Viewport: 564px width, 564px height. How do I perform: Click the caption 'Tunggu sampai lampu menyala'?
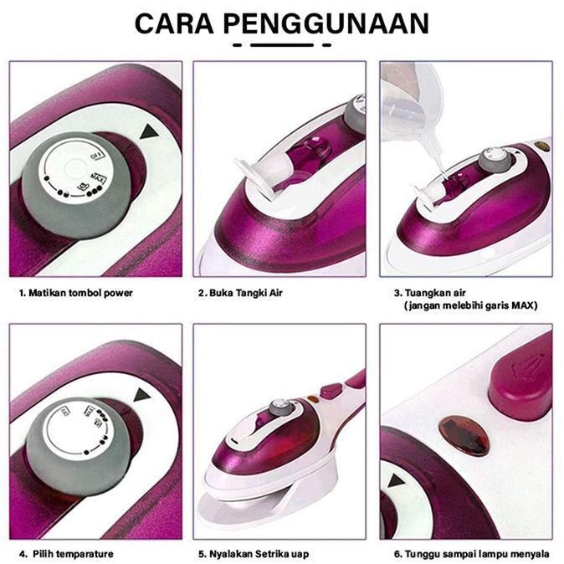(x=470, y=553)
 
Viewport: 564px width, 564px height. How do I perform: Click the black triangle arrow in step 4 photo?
(x=140, y=395)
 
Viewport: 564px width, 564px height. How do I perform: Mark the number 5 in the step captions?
(x=202, y=553)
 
